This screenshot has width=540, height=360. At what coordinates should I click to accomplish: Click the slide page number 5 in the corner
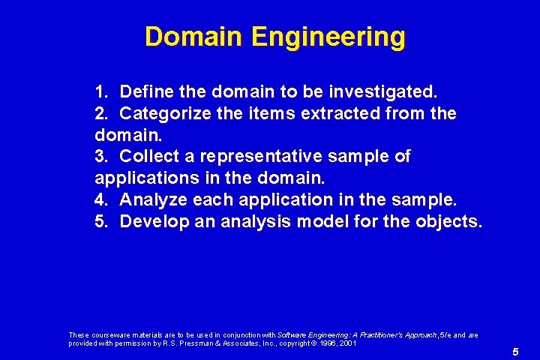(x=515, y=352)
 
